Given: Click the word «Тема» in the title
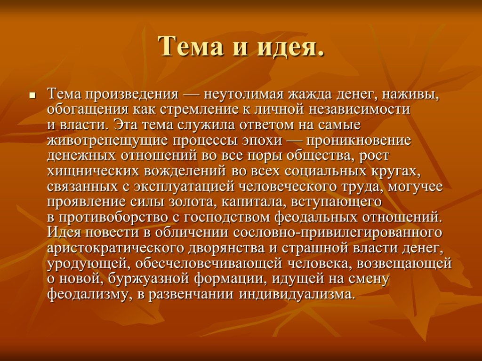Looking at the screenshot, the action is click(x=191, y=47).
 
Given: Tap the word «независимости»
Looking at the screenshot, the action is click(x=360, y=109).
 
